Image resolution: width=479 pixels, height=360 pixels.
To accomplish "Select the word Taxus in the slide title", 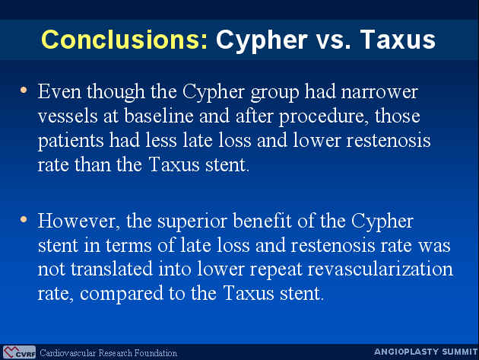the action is (398, 40).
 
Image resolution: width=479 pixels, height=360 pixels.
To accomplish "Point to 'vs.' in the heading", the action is (333, 42).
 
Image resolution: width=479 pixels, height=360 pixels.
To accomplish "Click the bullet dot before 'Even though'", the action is (24, 91).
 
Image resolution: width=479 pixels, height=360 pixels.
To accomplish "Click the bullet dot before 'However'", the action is (24, 219).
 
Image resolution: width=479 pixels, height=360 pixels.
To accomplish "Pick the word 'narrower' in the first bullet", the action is (379, 93).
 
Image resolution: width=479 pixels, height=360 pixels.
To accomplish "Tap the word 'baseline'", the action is (159, 116).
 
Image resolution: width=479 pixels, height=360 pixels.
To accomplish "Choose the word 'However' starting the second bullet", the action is (78, 221).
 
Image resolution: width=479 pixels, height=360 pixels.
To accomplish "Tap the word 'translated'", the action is (112, 269).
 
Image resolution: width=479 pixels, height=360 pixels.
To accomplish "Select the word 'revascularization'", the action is (380, 269).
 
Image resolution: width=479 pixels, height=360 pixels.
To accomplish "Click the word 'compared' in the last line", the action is (122, 295).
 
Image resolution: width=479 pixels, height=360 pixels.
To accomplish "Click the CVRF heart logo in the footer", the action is (19, 352).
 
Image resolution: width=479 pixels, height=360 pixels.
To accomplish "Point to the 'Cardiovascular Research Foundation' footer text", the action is (109, 353).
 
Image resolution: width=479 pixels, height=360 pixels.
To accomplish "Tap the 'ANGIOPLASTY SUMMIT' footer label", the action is (426, 352).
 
